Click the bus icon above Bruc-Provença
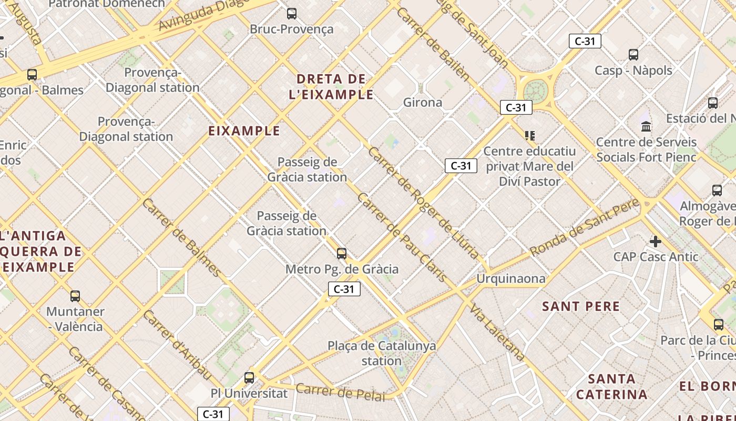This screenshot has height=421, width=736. coord(292,14)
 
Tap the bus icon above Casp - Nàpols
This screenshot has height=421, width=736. coord(633,54)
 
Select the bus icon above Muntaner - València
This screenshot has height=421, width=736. coord(75,296)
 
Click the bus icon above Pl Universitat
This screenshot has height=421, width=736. coord(249,378)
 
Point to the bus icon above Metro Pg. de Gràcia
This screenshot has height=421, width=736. coord(342,254)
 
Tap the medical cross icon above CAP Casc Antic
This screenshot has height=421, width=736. coord(656,242)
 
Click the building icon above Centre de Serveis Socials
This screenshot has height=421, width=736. coord(646,126)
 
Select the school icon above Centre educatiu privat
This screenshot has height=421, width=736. coord(530,136)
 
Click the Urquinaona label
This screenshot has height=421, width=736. coord(511,278)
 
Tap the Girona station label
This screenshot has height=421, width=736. coord(423,102)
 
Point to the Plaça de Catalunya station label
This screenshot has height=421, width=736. coord(382,353)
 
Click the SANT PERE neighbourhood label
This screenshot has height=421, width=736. coord(581,306)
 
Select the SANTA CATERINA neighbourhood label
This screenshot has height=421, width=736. coord(611,386)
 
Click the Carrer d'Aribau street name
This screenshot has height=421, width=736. coord(176,345)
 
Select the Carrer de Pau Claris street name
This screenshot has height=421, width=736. coord(402,237)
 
